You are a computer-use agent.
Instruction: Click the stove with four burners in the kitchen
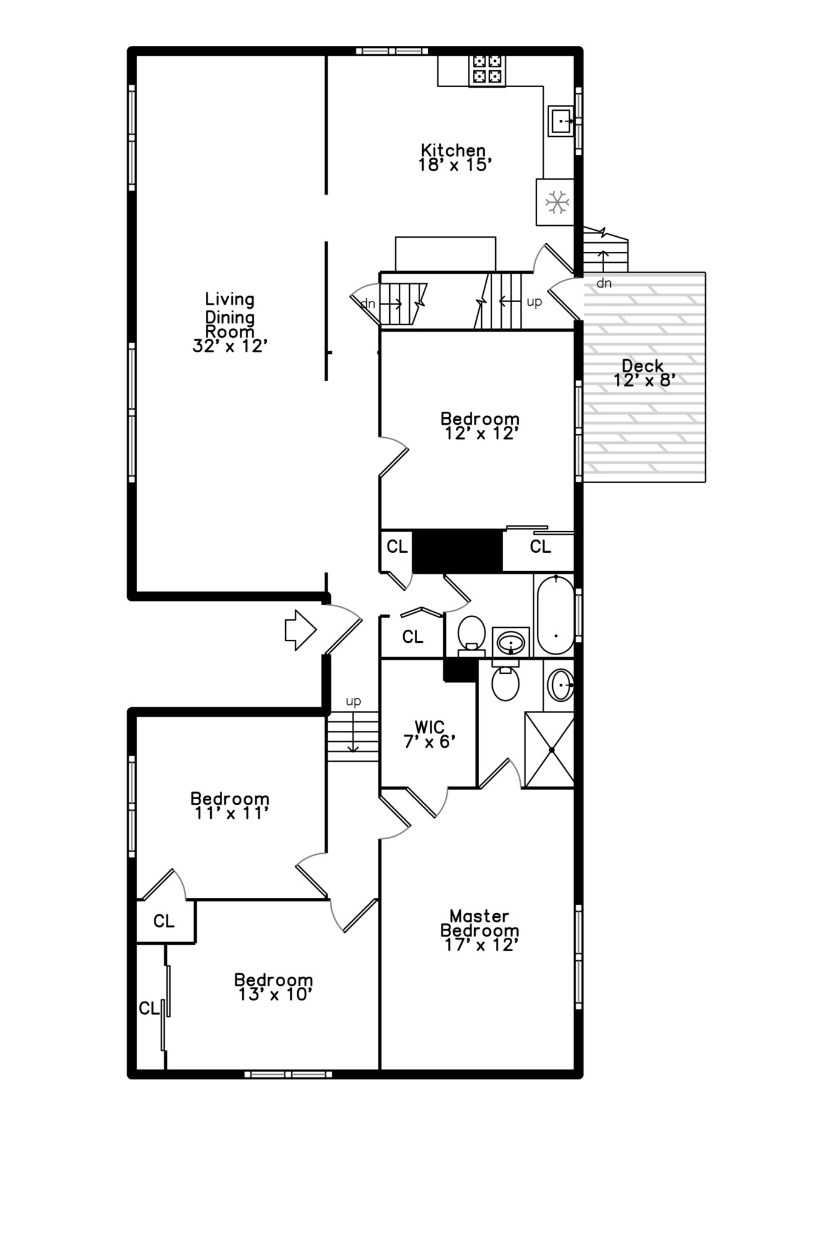click(x=487, y=69)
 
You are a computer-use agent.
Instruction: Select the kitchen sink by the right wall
click(x=561, y=121)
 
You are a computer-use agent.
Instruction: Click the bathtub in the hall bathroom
click(x=555, y=615)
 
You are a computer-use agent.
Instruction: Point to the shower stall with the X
click(x=549, y=750)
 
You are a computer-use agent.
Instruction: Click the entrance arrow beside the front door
click(x=300, y=630)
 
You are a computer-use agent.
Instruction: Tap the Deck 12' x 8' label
click(x=644, y=373)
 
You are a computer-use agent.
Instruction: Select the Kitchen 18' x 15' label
click(x=453, y=157)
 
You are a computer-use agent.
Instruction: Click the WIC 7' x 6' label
click(x=429, y=734)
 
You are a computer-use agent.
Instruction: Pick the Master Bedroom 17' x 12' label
click(x=479, y=931)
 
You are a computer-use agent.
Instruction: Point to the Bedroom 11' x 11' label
click(x=229, y=806)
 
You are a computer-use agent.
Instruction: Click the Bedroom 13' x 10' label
click(x=274, y=987)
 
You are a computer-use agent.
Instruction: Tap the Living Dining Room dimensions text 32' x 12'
click(x=230, y=346)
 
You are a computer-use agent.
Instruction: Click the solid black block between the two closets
click(x=458, y=550)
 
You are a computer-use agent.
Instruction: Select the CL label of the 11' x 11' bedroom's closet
click(x=163, y=921)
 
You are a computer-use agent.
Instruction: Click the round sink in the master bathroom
click(x=561, y=685)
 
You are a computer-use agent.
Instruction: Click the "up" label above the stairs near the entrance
click(x=353, y=701)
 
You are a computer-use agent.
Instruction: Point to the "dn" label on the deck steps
click(x=604, y=283)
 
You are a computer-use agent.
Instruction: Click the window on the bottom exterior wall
click(x=288, y=1074)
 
